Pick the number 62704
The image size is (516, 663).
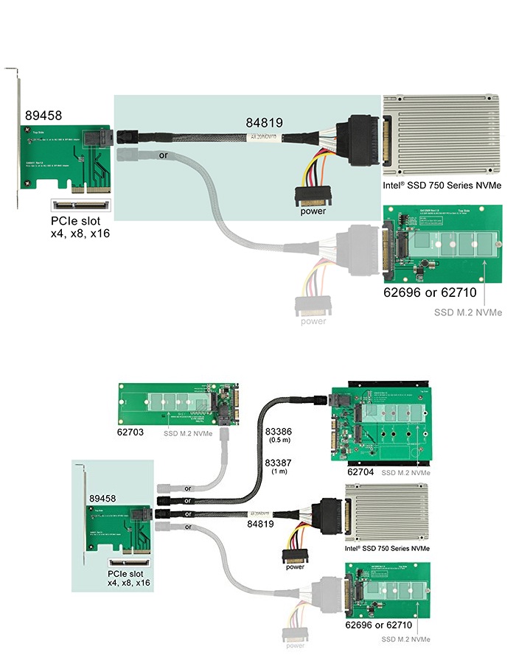[361, 470]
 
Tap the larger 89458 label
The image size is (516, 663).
[43, 115]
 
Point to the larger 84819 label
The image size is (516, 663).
[264, 123]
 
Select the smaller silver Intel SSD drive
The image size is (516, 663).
[388, 513]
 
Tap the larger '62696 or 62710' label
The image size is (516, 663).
[430, 293]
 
